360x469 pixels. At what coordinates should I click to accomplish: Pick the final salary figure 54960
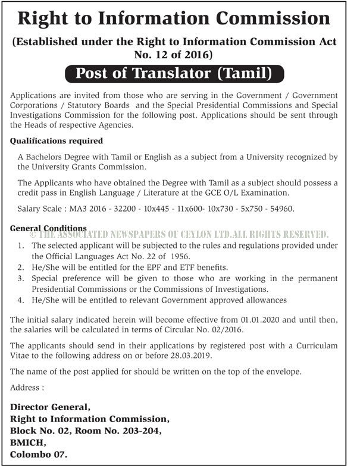281,210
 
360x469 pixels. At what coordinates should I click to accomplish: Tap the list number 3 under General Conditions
21,278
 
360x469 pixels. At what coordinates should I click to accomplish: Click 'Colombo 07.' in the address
39,455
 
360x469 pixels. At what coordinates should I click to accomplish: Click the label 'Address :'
27,388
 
